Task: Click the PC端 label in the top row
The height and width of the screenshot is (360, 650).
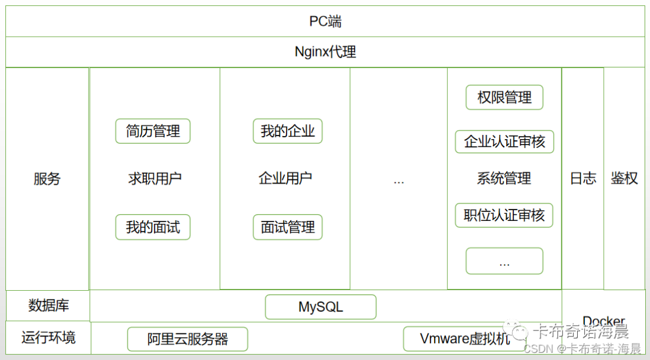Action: click(x=325, y=22)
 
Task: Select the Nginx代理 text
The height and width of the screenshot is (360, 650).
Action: click(x=325, y=52)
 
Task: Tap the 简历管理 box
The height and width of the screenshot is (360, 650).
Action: click(x=153, y=131)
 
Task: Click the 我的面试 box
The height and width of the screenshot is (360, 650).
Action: click(x=153, y=227)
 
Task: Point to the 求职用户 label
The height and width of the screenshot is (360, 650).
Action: click(x=155, y=178)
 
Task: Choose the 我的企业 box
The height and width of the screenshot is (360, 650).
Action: click(x=288, y=131)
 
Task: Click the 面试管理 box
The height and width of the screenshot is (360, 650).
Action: click(x=288, y=227)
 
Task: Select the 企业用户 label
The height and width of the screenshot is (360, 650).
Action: click(x=285, y=178)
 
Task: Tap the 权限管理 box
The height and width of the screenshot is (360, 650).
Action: click(x=504, y=98)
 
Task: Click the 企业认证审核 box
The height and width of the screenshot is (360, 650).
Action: click(x=504, y=142)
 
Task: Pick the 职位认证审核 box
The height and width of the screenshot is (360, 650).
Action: click(x=504, y=216)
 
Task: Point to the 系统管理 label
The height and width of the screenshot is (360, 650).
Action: click(x=504, y=178)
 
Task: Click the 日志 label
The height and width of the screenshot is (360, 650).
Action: click(x=583, y=178)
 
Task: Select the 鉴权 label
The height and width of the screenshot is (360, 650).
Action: click(x=624, y=178)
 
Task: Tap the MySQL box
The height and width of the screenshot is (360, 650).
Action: click(x=321, y=307)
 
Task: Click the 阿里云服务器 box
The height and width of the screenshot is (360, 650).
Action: click(x=188, y=340)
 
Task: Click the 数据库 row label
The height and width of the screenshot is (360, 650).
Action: click(x=48, y=306)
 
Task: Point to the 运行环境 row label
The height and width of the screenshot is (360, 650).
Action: click(x=48, y=338)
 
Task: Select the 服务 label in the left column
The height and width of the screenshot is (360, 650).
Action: click(x=47, y=179)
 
